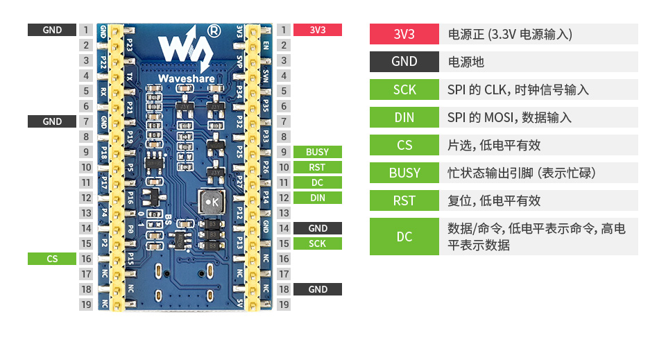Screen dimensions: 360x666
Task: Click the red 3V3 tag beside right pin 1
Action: point(317,30)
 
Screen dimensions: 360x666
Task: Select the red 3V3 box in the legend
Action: point(404,34)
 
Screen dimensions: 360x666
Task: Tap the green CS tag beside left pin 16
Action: point(52,259)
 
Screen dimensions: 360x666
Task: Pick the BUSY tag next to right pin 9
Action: point(317,152)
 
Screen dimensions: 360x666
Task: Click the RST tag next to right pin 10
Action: point(317,167)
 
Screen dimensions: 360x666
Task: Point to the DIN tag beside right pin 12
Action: point(317,198)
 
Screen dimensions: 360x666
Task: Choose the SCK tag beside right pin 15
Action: point(317,243)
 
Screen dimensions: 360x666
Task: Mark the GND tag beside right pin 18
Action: point(317,289)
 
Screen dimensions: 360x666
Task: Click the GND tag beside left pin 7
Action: point(52,121)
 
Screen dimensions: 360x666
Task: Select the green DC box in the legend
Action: point(404,237)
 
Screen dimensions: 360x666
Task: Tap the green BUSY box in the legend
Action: point(404,173)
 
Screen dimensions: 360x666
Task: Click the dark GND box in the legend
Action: point(404,62)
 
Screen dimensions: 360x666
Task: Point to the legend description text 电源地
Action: point(466,62)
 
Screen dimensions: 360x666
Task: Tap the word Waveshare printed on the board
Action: point(185,79)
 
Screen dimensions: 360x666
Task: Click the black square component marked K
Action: point(211,202)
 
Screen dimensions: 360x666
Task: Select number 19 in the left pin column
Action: point(86,305)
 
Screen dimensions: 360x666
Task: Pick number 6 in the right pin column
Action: point(284,106)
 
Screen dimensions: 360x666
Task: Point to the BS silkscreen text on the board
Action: point(169,220)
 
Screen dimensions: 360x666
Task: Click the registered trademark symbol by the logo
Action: point(214,31)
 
